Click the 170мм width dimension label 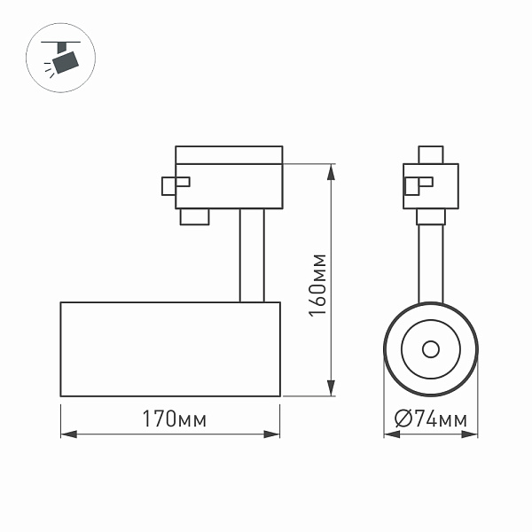[x=170, y=419]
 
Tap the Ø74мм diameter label [x=429, y=419]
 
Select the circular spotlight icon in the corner [x=62, y=57]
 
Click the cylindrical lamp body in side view [x=170, y=348]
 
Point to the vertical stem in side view [x=251, y=255]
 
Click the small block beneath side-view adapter [x=194, y=216]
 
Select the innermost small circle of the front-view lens [x=430, y=348]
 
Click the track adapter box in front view [x=431, y=185]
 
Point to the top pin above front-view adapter [x=431, y=154]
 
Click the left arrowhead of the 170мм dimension [x=67, y=434]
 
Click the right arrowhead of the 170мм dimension [x=274, y=434]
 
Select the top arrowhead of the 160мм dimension [x=332, y=169]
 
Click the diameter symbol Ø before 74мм [x=400, y=419]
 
